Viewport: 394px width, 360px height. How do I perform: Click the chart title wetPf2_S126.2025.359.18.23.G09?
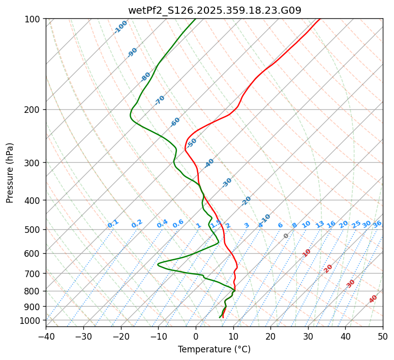coord(214,10)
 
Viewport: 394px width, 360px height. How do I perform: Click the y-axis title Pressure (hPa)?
coord(10,173)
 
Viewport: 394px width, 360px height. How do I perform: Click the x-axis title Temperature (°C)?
coord(214,349)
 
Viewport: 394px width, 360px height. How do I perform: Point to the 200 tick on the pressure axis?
coord(35,110)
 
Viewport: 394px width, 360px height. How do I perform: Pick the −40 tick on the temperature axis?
coord(46,336)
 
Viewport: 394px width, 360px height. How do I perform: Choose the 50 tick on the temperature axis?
coord(383,336)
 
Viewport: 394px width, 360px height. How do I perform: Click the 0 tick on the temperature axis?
coord(196,336)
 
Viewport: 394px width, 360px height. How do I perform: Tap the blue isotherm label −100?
coord(120,27)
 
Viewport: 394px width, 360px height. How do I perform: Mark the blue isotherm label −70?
coord(160,100)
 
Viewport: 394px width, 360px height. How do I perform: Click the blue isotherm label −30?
coord(227,183)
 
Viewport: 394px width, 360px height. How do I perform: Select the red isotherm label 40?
coord(373,299)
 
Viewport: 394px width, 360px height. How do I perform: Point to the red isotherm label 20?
coord(328,268)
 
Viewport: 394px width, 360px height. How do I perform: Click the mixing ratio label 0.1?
coord(113,224)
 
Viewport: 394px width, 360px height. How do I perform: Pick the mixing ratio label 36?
coord(377,224)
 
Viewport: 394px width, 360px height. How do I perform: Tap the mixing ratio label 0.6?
coord(178,224)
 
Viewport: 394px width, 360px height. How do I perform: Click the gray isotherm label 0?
coord(286,236)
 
